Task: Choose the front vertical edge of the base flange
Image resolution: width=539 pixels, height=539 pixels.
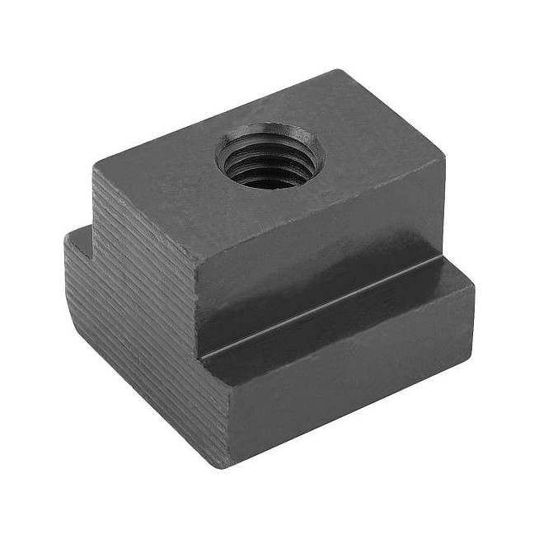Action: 224,412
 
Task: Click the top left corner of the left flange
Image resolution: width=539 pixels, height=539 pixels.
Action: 66,235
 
